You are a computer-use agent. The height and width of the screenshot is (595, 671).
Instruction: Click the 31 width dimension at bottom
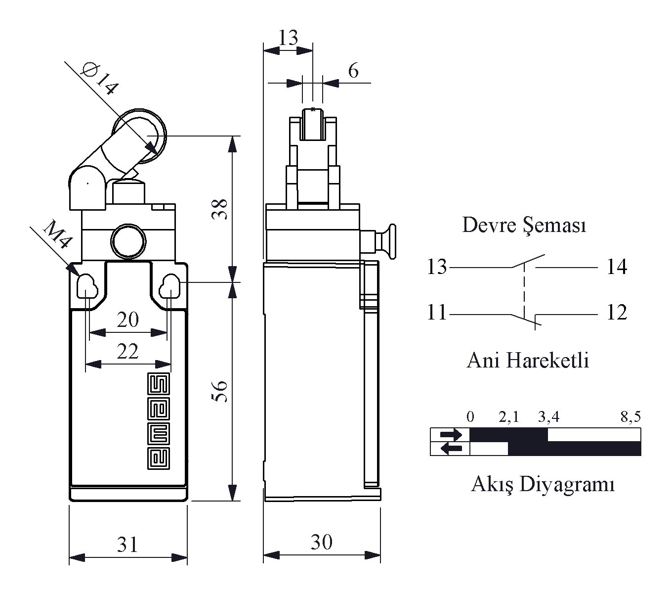[x=127, y=545]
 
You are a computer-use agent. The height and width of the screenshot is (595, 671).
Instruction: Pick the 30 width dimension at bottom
[x=321, y=543]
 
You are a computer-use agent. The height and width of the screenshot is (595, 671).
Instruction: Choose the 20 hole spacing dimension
[x=127, y=320]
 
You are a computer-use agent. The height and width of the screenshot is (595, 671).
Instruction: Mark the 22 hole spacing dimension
[x=127, y=352]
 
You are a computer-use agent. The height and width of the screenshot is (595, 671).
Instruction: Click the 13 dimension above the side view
[x=288, y=38]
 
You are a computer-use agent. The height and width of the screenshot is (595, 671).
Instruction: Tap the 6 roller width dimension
[x=353, y=71]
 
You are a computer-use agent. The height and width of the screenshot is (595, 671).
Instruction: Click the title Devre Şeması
[x=524, y=226]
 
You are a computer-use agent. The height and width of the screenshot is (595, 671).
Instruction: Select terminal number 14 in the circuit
[x=617, y=267]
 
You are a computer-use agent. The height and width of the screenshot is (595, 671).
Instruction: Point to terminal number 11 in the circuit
[x=437, y=313]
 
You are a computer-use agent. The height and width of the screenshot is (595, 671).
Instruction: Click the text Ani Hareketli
[x=528, y=361]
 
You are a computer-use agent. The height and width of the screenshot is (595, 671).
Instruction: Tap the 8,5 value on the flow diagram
[x=630, y=417]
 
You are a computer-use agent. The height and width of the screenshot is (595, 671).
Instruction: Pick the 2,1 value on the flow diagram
[x=509, y=417]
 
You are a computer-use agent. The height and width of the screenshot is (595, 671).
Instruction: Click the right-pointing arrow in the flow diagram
[x=451, y=435]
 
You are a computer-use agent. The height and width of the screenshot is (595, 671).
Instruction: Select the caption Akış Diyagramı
[x=543, y=484]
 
